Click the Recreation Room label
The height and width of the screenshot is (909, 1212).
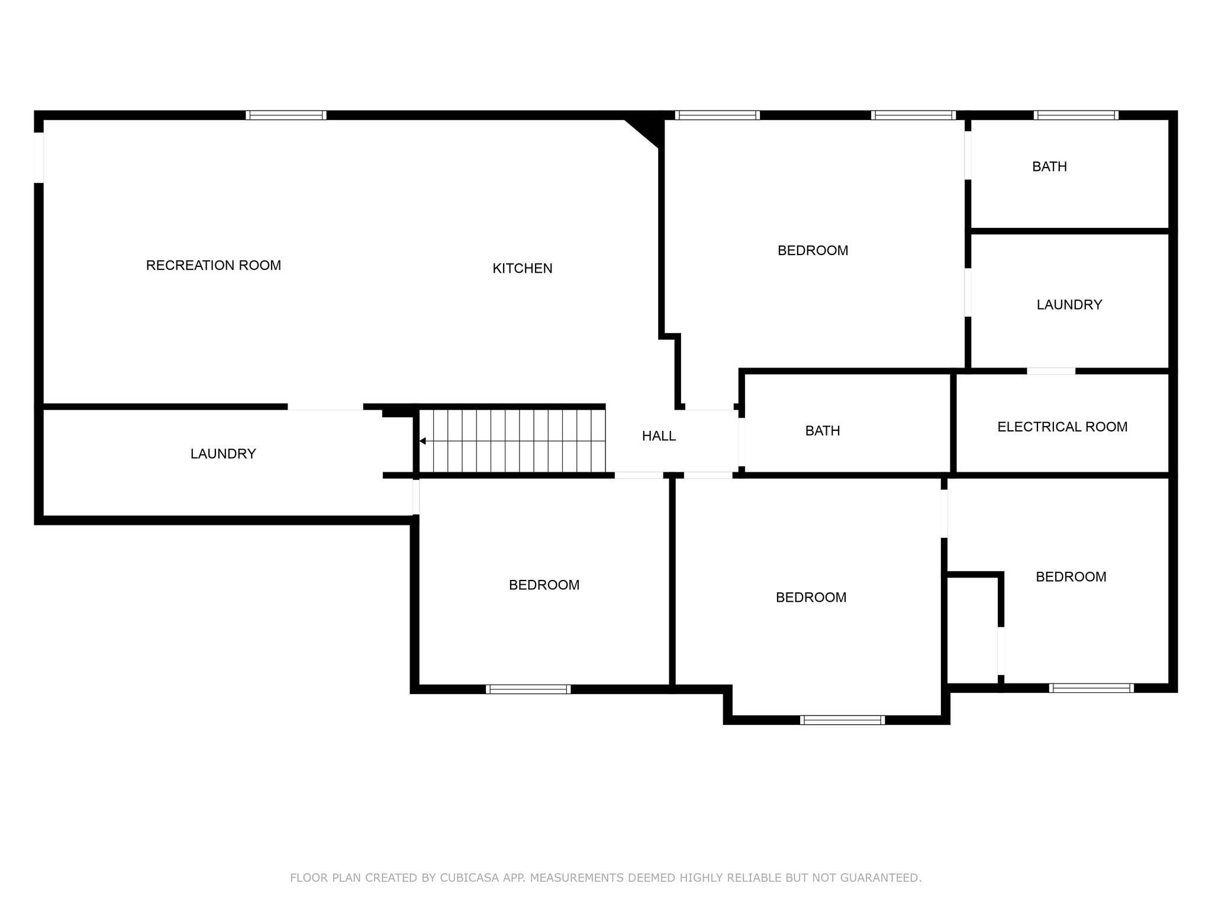[x=214, y=266]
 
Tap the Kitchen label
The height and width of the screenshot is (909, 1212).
[x=523, y=269]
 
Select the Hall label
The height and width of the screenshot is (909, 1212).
[x=659, y=436]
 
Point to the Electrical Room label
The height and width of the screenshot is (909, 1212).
[x=1062, y=427]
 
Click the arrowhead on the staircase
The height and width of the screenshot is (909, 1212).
[x=423, y=441]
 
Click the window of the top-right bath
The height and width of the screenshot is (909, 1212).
[x=1076, y=115]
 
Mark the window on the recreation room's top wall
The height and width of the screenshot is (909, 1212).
[x=286, y=115]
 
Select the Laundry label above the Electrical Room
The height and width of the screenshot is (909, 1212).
[x=1069, y=305]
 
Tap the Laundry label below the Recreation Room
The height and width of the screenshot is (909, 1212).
[x=223, y=454]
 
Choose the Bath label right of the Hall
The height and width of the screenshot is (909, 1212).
[x=823, y=431]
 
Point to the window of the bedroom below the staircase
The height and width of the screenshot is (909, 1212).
[x=528, y=689]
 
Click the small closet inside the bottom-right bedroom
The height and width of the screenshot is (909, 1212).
[x=973, y=630]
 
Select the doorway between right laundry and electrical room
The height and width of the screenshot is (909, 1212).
[x=1051, y=371]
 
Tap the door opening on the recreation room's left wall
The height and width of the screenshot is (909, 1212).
[x=39, y=157]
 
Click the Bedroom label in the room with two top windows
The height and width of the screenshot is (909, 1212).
[x=813, y=250]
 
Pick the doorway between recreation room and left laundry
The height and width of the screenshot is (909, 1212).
[x=325, y=407]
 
